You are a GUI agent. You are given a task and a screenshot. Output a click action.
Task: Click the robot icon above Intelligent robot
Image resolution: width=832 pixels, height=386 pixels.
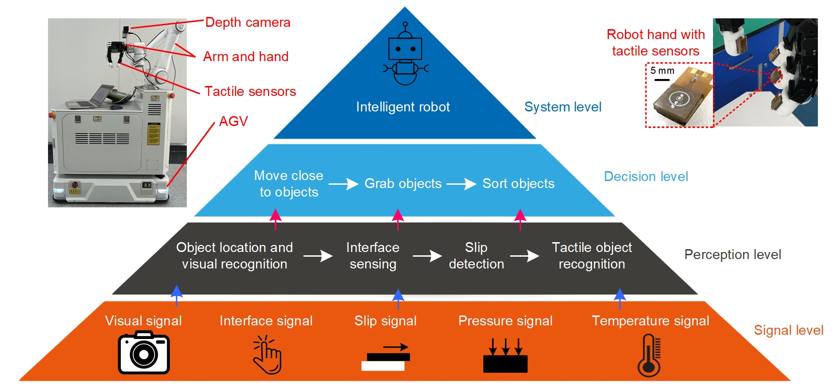(405, 54)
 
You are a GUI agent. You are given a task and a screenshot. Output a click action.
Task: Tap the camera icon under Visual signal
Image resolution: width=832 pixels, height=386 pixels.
(144, 352)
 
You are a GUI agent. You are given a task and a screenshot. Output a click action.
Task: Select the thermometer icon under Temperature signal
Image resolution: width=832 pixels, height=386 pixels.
(649, 355)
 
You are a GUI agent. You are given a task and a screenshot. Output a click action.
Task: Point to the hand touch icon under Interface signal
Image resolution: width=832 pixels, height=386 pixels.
(267, 354)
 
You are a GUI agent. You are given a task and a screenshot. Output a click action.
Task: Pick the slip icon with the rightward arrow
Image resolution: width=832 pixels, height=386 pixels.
(385, 357)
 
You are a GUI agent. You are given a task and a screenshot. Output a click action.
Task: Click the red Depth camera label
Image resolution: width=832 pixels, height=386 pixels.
(248, 23)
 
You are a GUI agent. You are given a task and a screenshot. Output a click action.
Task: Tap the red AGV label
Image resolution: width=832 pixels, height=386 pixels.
(233, 121)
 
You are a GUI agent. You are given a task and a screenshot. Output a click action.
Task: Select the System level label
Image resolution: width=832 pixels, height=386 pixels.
(563, 107)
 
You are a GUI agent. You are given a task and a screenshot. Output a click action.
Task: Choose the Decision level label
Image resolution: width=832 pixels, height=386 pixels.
(646, 177)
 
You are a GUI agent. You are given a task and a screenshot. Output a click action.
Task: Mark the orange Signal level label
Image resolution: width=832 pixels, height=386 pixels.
(788, 330)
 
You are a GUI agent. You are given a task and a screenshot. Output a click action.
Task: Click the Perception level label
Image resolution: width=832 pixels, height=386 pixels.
(732, 255)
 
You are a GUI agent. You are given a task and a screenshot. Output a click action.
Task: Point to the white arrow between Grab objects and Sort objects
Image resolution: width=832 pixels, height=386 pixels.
(461, 184)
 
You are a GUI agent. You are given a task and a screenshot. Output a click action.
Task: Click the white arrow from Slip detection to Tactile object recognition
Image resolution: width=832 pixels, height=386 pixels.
(525, 256)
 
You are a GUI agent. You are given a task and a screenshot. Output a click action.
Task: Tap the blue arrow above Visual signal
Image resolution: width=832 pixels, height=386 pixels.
(176, 295)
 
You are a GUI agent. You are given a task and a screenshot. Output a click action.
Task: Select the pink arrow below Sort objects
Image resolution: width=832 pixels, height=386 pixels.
(520, 219)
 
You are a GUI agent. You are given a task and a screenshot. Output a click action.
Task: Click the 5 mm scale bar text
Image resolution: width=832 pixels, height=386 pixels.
(662, 71)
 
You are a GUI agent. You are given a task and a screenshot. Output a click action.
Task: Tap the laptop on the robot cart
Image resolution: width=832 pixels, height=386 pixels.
(94, 97)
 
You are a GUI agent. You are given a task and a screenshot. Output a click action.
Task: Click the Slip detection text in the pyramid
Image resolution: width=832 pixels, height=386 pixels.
(476, 256)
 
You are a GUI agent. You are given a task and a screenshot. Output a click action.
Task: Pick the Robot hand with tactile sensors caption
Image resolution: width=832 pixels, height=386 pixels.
(656, 43)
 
